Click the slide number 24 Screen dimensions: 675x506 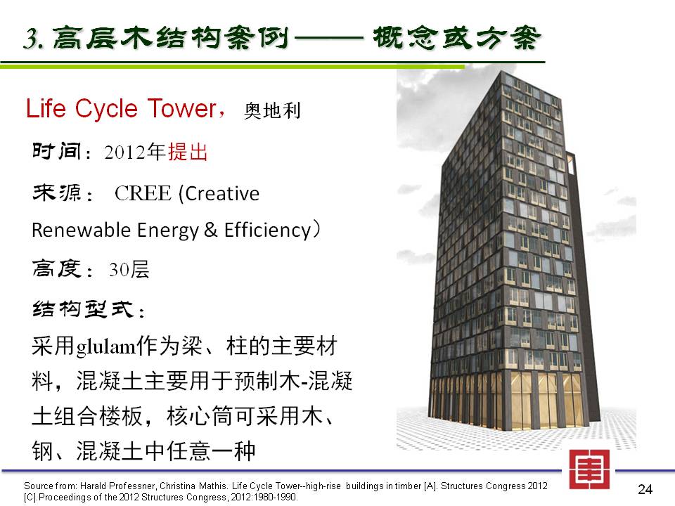(x=645, y=489)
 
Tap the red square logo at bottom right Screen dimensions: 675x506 (x=589, y=469)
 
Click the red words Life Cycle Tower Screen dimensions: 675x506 (x=121, y=108)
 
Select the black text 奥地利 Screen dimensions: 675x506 (x=272, y=110)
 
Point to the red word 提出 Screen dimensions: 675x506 (x=188, y=152)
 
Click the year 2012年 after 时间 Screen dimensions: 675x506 (x=135, y=152)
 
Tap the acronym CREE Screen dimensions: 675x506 (x=143, y=194)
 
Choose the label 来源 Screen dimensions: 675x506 (x=57, y=193)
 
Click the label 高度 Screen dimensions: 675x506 (x=57, y=269)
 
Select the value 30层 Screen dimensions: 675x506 (x=129, y=270)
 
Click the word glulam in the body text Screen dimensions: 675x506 (x=106, y=347)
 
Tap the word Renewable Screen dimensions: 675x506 (x=81, y=230)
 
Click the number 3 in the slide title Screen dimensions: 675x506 (x=31, y=38)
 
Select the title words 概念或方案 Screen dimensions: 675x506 (x=456, y=38)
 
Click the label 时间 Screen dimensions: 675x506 (x=57, y=152)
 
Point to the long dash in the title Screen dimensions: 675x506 (x=329, y=39)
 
